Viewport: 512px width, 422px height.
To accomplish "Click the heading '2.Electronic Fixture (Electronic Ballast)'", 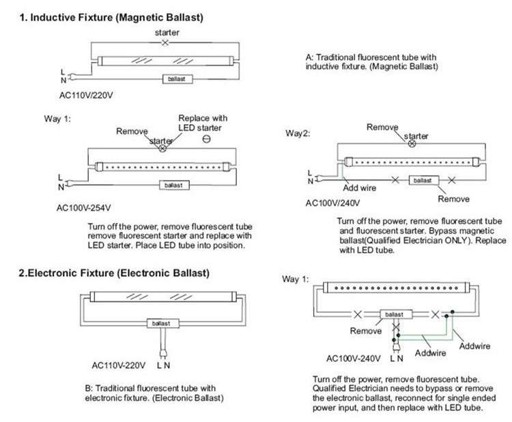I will click(114, 273).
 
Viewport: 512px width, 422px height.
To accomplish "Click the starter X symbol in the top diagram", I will click(164, 43).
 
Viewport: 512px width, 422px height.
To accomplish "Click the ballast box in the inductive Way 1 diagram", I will click(173, 185).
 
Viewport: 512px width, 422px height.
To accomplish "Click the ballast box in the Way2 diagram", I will click(423, 180).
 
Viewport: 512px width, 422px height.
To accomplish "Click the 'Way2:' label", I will click(298, 133).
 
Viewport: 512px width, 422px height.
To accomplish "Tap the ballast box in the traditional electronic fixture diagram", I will click(161, 323).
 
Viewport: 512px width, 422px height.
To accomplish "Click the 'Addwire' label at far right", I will click(474, 346).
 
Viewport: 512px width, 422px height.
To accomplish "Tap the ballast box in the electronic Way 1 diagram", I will click(394, 314).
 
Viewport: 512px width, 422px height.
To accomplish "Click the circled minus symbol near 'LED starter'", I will click(205, 139).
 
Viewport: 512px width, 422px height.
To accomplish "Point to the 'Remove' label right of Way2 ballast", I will click(453, 199).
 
